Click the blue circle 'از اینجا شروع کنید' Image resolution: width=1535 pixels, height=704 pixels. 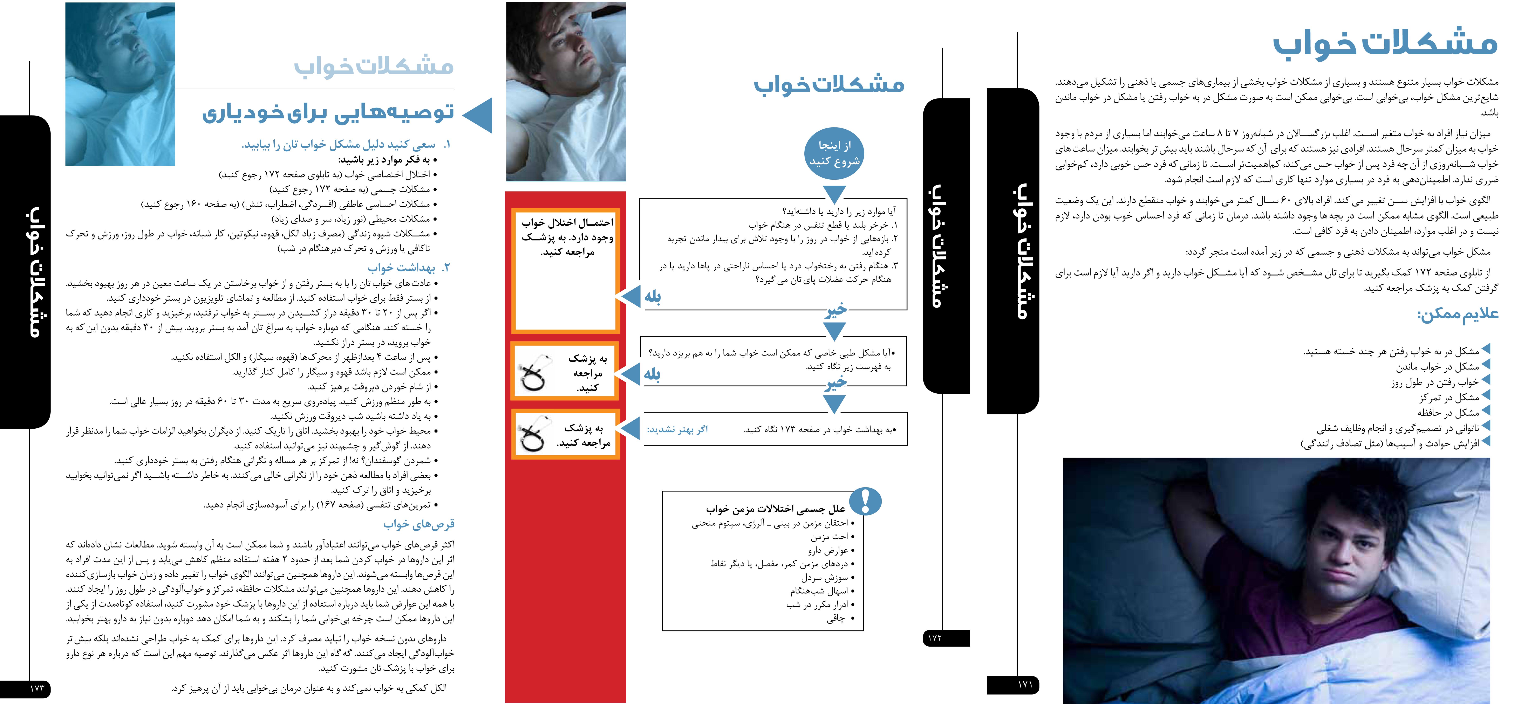(834, 153)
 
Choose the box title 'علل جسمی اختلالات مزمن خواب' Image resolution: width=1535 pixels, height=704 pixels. (775, 509)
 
